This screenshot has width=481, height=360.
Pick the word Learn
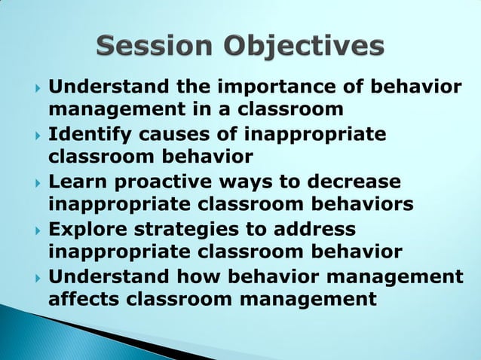pyautogui.click(x=78, y=183)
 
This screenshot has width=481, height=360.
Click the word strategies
pyautogui.click(x=204, y=229)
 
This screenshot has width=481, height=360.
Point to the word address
pyautogui.click(x=317, y=229)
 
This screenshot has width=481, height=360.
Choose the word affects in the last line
pyautogui.click(x=83, y=299)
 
